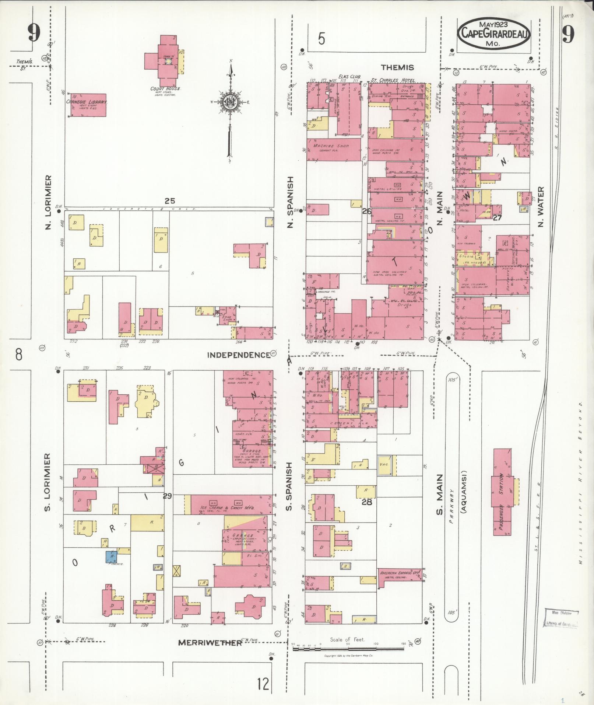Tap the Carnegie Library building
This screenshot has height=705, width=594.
point(88,105)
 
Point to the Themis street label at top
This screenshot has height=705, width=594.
point(397,67)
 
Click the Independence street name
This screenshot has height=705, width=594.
point(238,355)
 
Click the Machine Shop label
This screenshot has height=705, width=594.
point(330,146)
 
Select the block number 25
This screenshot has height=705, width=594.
point(170,201)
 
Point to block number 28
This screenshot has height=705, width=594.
point(367,502)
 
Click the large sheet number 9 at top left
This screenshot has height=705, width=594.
point(34,34)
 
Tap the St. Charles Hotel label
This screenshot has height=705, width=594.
point(393,80)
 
